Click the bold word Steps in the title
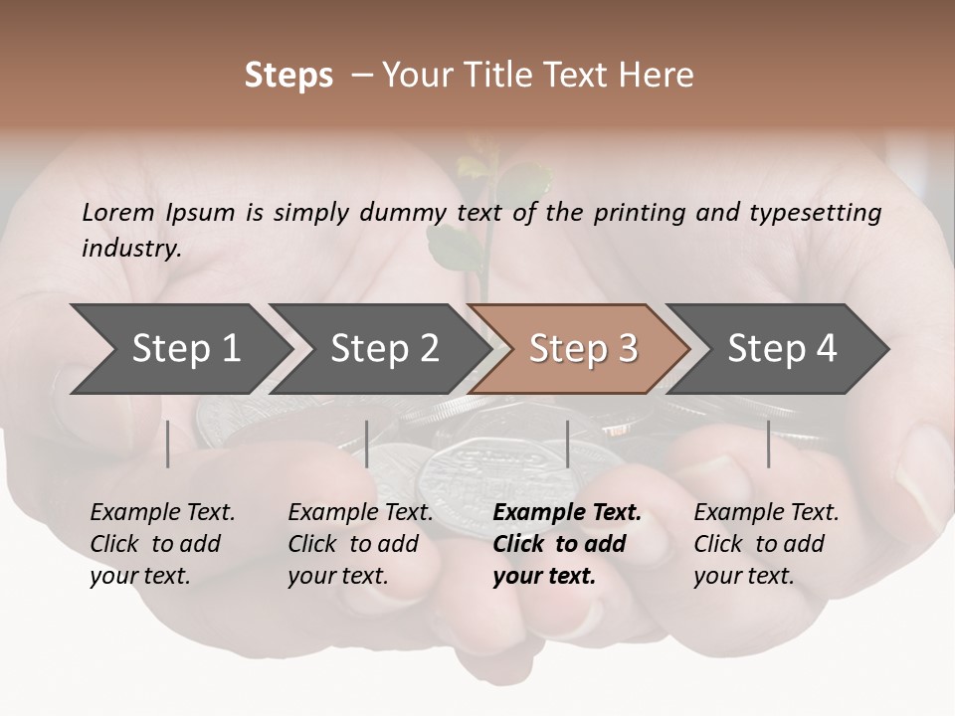288,76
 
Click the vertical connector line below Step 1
168,444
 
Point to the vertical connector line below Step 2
367,444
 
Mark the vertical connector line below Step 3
567,444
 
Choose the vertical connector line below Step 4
768,444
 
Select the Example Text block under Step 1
162,544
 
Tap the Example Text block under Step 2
360,544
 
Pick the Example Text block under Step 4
766,544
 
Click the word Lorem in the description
118,213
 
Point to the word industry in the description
130,249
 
